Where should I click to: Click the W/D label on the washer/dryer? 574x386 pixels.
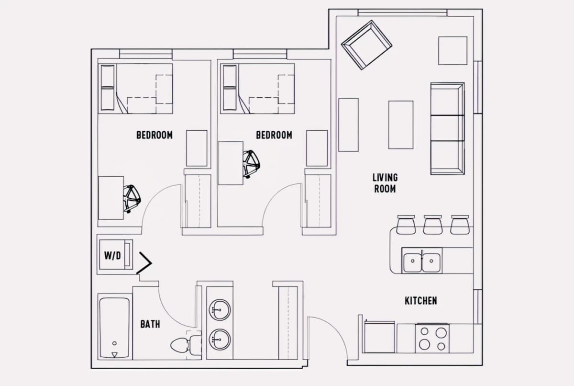click(x=112, y=255)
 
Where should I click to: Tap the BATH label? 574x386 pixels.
click(x=150, y=324)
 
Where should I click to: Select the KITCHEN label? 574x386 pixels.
click(x=421, y=301)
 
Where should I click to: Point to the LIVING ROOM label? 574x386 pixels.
click(x=385, y=183)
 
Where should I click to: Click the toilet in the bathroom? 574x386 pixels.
click(x=186, y=345)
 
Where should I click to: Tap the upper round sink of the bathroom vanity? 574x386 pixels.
click(x=220, y=309)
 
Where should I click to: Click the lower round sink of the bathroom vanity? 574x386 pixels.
click(x=220, y=340)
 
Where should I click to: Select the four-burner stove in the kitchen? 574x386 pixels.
click(x=432, y=339)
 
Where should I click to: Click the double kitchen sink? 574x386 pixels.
click(x=422, y=261)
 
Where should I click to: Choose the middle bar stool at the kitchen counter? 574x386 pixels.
click(x=433, y=225)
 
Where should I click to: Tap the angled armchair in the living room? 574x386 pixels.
click(x=366, y=45)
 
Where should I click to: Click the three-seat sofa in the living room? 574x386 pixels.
click(x=447, y=128)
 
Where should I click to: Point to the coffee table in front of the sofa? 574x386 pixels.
click(x=401, y=125)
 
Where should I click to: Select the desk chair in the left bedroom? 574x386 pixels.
click(x=132, y=199)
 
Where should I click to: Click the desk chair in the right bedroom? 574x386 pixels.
click(x=251, y=164)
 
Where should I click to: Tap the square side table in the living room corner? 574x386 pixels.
click(x=453, y=51)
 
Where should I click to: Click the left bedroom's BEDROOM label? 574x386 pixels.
click(x=155, y=135)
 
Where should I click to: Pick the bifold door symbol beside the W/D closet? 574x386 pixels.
click(x=145, y=263)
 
